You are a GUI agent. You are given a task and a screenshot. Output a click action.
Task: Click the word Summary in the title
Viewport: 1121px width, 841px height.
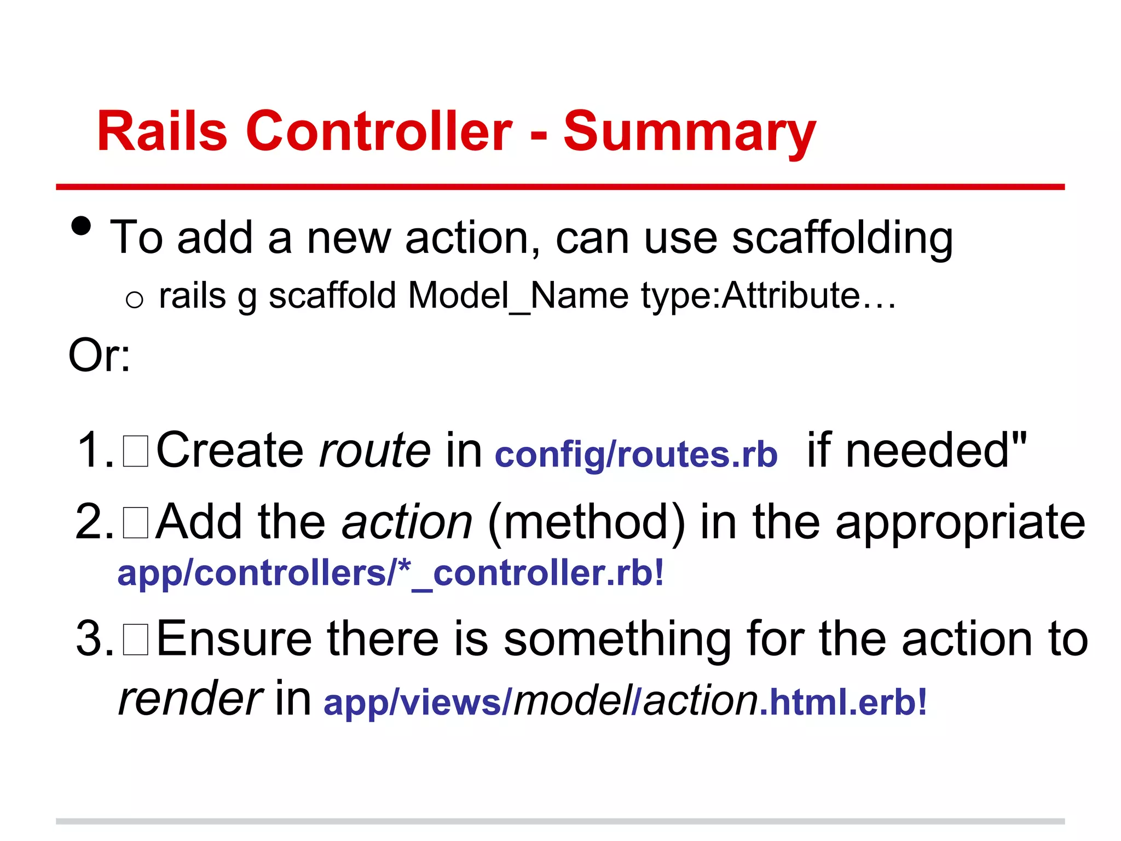point(690,133)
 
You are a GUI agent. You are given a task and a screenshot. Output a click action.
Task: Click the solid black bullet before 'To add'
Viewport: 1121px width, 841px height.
point(82,226)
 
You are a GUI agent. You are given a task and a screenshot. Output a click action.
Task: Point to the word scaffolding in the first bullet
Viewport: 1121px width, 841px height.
point(842,239)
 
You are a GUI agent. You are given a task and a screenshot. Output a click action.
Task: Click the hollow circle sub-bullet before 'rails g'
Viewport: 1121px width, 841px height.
point(134,299)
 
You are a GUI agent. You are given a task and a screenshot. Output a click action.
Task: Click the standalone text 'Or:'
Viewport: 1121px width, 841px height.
point(99,355)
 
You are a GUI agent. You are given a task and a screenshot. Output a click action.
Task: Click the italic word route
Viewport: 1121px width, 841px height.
point(375,450)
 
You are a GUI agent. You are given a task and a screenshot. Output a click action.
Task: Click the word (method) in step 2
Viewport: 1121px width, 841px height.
point(586,522)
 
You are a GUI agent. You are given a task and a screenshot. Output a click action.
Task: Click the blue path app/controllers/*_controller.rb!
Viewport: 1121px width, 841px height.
point(391,573)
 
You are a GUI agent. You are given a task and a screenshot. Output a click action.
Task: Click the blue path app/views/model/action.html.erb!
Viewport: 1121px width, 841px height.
point(625,702)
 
